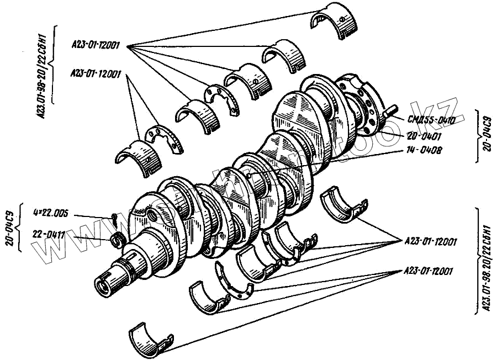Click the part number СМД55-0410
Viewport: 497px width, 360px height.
pos(431,120)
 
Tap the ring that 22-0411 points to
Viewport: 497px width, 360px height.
pos(117,240)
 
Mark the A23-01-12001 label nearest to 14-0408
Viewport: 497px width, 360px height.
pos(430,241)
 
